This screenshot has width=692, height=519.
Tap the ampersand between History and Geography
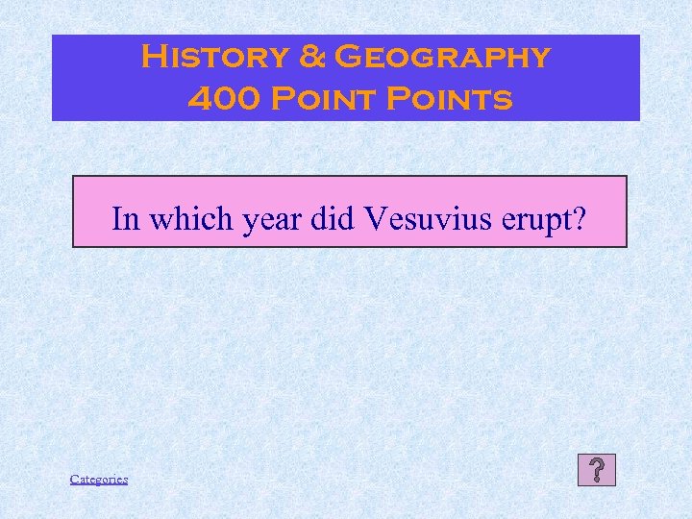pyautogui.click(x=312, y=58)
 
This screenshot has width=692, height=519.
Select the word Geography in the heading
pyautogui.click(x=441, y=58)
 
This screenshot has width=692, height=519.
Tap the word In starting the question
pyautogui.click(x=122, y=219)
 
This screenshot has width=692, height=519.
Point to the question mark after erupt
pyautogui.click(x=580, y=219)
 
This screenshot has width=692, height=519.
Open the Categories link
pyautogui.click(x=99, y=479)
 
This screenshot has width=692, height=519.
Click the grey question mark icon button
pyautogui.click(x=597, y=471)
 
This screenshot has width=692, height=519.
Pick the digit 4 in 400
pyautogui.click(x=196, y=98)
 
